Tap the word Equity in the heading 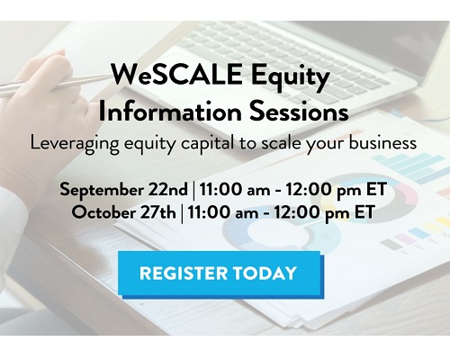click(291, 76)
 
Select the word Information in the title click(170, 112)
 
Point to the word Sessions click(299, 112)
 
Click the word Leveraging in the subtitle click(75, 144)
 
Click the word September click(102, 191)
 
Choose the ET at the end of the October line click(364, 212)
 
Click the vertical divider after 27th click(182, 213)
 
